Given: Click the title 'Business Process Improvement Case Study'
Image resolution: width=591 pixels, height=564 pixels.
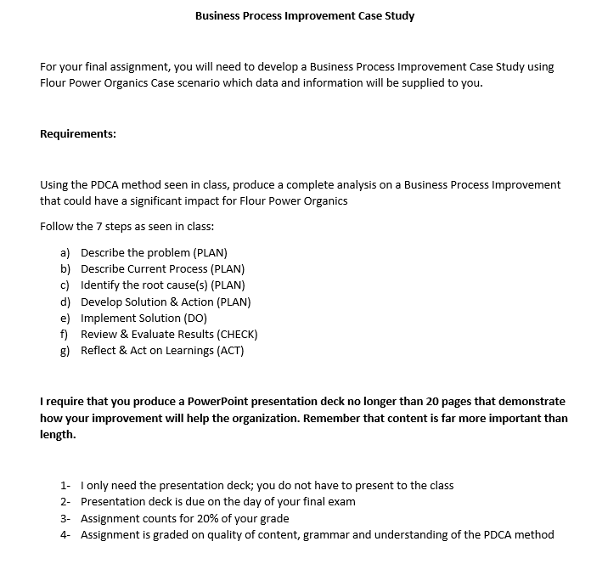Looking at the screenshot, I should click(305, 15).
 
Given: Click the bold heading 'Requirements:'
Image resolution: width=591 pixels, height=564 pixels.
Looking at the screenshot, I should click(78, 133).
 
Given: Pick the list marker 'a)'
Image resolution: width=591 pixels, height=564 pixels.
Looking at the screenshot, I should click(65, 252).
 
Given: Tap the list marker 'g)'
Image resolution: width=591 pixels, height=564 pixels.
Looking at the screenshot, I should click(65, 350).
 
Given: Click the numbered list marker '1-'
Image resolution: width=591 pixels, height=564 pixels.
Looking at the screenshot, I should click(66, 485).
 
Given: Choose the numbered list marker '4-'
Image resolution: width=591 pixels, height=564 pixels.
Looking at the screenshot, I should click(66, 534).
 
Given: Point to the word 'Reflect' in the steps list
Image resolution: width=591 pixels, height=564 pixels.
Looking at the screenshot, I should click(98, 350).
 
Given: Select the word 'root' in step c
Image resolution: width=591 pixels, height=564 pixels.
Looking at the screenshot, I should click(148, 285).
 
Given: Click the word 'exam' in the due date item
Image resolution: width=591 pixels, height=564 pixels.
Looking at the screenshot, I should click(341, 501).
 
